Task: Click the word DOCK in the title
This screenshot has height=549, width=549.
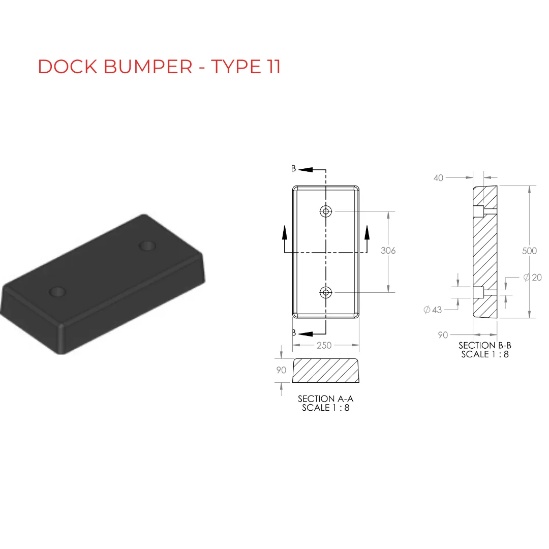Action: pos(68,67)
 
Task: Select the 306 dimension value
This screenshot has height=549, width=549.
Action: pos(388,250)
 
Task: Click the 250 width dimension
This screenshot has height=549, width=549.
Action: pos(324,345)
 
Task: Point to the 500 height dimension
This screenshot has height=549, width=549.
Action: pos(529,251)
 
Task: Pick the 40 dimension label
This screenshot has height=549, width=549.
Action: pos(438,178)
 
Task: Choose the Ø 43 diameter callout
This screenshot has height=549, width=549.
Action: pos(433,310)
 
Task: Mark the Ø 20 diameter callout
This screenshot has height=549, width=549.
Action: pos(533,278)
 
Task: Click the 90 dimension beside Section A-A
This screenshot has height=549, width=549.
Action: pos(281,370)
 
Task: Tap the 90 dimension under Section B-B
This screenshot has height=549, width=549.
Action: pos(443,335)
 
